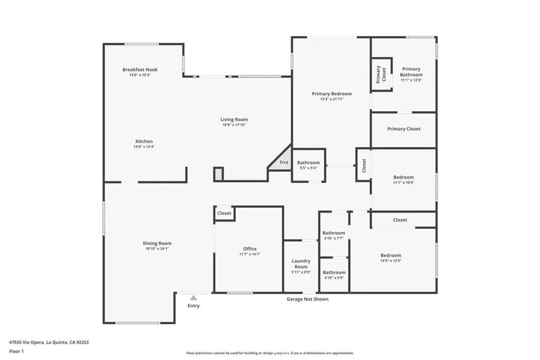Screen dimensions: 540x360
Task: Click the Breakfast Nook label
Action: click(140, 70)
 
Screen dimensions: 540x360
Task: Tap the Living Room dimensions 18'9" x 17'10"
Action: click(234, 125)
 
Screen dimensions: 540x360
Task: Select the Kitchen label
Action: click(144, 141)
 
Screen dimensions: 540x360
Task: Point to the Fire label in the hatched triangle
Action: click(284, 162)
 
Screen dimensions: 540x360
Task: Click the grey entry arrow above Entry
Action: click(194, 298)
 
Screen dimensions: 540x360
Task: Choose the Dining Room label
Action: click(157, 244)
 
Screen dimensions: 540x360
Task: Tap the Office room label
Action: click(250, 249)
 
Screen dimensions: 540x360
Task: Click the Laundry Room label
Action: click(301, 264)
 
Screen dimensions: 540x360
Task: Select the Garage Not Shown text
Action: click(307, 299)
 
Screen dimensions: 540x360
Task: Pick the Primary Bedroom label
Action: click(332, 94)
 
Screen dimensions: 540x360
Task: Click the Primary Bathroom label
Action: click(411, 72)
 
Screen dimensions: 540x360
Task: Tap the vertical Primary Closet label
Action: click(381, 75)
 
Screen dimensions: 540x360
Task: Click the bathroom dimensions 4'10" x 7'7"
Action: click(334, 238)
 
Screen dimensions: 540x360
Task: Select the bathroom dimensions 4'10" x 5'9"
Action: click(334, 278)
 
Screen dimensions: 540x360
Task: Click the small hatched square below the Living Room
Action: click(218, 174)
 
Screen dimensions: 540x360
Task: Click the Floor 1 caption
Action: click(16, 352)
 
